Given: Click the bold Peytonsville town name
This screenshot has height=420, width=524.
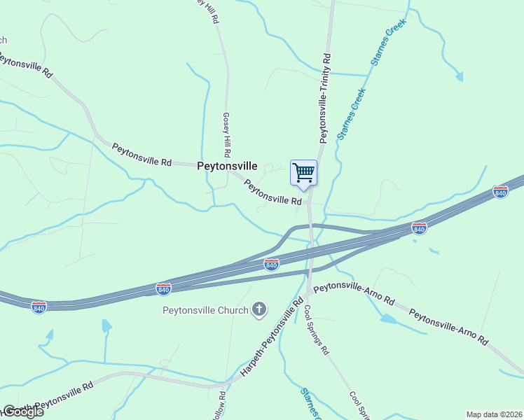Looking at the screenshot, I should pyautogui.click(x=227, y=167).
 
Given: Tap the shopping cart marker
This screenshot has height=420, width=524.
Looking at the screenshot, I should pyautogui.click(x=303, y=173).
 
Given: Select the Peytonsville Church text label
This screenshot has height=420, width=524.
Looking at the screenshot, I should pyautogui.click(x=205, y=310).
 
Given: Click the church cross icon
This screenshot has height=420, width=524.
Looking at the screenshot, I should pyautogui.click(x=259, y=309).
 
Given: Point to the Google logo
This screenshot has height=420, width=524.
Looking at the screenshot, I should pyautogui.click(x=22, y=412).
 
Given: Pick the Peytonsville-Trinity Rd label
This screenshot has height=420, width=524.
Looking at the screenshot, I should pyautogui.click(x=324, y=98).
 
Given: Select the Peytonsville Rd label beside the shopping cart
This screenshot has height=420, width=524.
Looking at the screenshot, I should pyautogui.click(x=272, y=191).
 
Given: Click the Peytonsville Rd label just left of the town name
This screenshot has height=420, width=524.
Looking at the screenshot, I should pyautogui.click(x=142, y=154).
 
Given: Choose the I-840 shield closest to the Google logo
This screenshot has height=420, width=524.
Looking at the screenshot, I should pyautogui.click(x=39, y=307).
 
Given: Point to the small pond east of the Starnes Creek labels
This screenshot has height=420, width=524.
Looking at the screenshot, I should pyautogui.click(x=458, y=75).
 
